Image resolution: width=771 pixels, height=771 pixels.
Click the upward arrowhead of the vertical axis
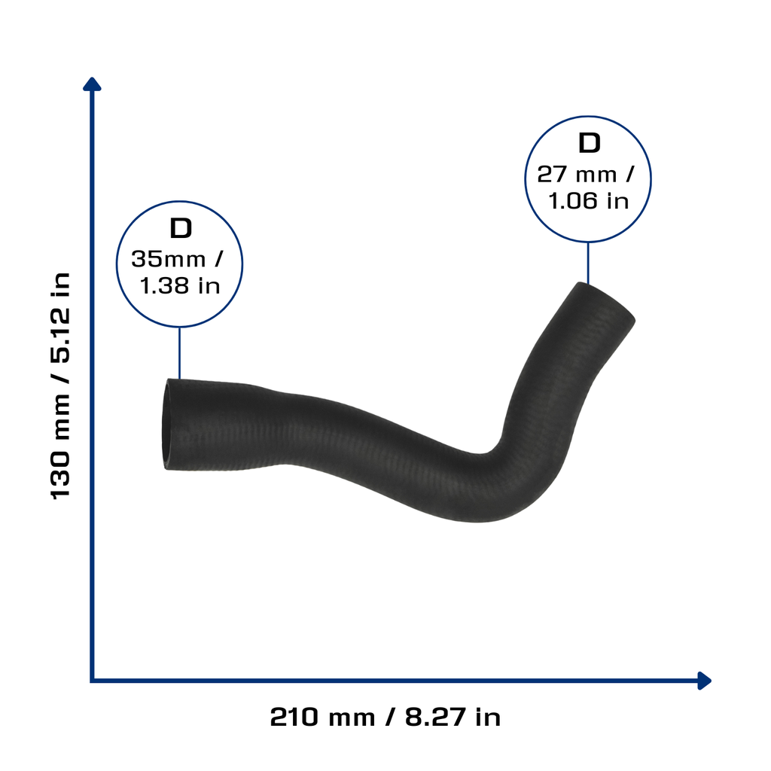coord(92,84)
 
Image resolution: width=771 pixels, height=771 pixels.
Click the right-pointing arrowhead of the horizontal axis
coord(705,681)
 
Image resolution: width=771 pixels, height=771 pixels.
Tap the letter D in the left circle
coord(181,228)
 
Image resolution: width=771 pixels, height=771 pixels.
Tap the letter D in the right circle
coord(589,143)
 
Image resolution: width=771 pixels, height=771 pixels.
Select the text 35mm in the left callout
coord(168,259)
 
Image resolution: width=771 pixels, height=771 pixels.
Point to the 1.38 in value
coord(180,285)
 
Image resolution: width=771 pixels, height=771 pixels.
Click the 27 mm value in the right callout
coord(577,175)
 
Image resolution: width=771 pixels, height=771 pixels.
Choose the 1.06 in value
coord(589,201)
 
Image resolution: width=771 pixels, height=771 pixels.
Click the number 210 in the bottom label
coord(294,717)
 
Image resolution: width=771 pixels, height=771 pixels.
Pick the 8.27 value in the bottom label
coord(435,717)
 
